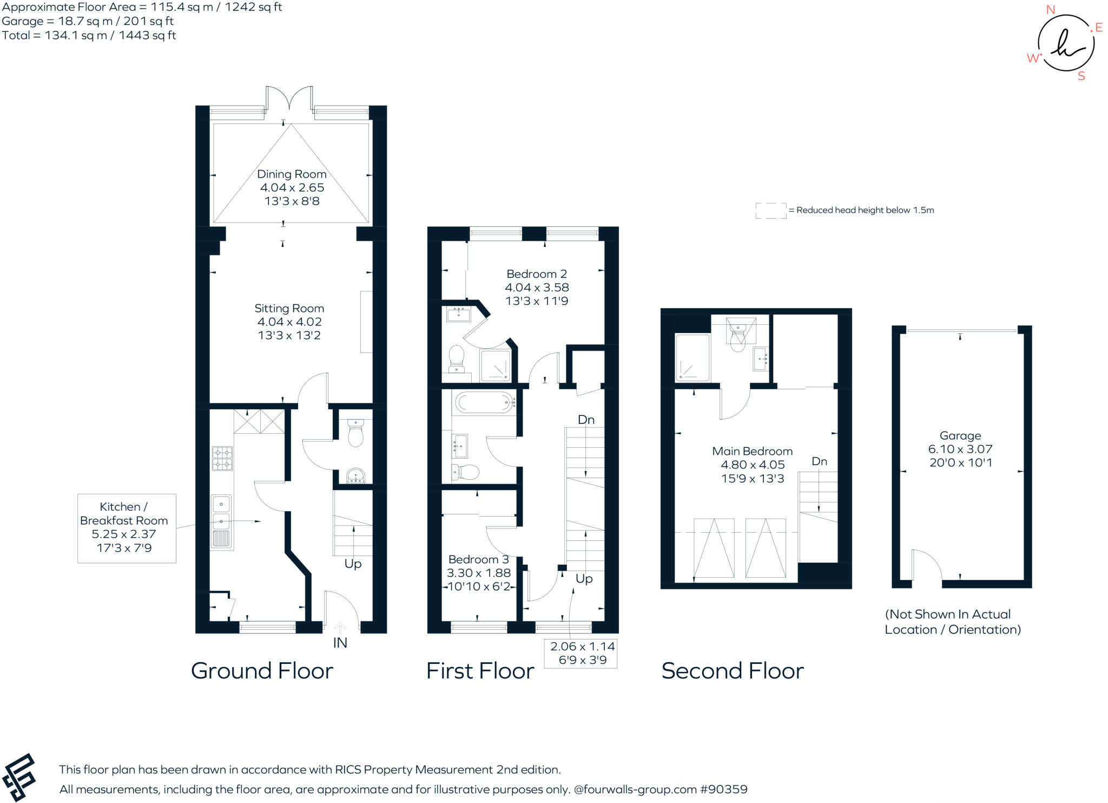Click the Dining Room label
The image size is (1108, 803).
[x=292, y=174]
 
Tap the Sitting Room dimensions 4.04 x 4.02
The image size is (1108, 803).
[x=289, y=322]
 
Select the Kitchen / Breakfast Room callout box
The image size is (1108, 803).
[x=127, y=528]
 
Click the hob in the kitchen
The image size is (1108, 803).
[x=222, y=458]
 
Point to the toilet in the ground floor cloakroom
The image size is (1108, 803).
[x=355, y=434]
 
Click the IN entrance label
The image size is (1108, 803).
[x=340, y=643]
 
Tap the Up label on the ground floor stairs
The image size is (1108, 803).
[x=353, y=564]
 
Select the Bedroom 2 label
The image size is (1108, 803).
[x=537, y=274]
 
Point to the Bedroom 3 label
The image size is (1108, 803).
[x=478, y=559]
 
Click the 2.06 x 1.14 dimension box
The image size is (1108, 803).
[x=581, y=653]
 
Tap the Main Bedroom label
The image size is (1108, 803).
[x=752, y=451]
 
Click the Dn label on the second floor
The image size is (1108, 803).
[x=819, y=461]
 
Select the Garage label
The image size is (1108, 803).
[x=960, y=435]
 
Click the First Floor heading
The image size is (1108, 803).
[x=480, y=671]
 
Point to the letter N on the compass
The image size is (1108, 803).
[x=1050, y=10]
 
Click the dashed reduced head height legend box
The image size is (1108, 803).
[x=771, y=211]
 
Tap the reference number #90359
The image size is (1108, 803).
[x=723, y=789]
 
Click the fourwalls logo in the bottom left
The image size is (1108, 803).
[x=19, y=777]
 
